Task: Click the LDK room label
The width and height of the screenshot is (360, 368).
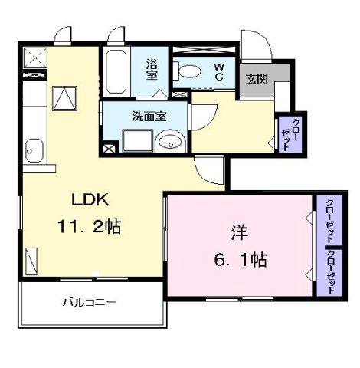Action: [x=90, y=201]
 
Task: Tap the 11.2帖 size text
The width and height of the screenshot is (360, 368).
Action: [x=90, y=228]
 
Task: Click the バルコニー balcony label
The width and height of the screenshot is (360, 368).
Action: [x=90, y=303]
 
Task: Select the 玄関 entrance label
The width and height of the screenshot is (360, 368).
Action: [x=256, y=78]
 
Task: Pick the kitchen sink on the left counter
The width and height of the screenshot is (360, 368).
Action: [x=34, y=149]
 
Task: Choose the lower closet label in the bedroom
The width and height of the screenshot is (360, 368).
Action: [x=332, y=272]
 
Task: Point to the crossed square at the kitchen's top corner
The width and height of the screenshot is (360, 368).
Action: [x=35, y=56]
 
